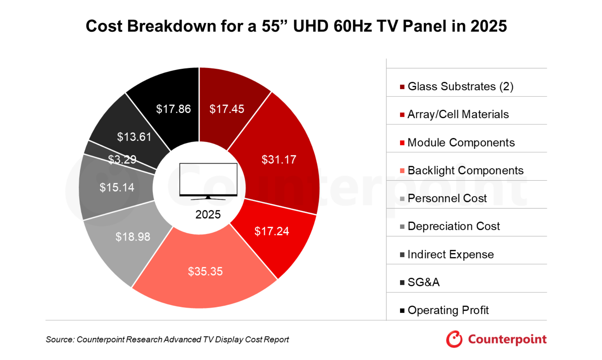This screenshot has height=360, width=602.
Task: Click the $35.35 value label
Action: pyautogui.click(x=205, y=271)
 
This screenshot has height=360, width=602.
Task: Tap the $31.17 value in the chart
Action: pyautogui.click(x=279, y=160)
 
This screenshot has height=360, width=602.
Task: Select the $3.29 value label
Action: pyautogui.click(x=122, y=159)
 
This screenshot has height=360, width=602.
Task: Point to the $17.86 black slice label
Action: pyautogui.click(x=173, y=109)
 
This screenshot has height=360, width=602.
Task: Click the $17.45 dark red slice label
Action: pyautogui.click(x=227, y=109)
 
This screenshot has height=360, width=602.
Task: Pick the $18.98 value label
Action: pyautogui.click(x=133, y=237)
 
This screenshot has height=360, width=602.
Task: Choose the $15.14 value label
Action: pyautogui.click(x=117, y=187)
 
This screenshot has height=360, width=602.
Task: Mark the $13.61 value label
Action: pyautogui.click(x=134, y=137)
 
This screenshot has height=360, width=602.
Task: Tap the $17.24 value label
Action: pyautogui.click(x=272, y=231)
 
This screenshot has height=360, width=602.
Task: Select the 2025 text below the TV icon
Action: pyautogui.click(x=208, y=215)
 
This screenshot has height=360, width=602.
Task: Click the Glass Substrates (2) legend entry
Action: pyautogui.click(x=460, y=86)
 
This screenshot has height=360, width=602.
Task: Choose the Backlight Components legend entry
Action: pyautogui.click(x=465, y=170)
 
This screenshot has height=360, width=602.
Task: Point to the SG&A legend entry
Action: pyautogui.click(x=423, y=282)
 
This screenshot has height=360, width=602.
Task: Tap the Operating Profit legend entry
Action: pyautogui.click(x=448, y=310)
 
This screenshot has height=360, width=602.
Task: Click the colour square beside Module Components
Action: pyautogui.click(x=402, y=143)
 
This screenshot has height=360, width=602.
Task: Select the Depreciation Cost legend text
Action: pyautogui.click(x=453, y=226)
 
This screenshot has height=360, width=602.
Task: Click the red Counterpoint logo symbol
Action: pyautogui.click(x=454, y=339)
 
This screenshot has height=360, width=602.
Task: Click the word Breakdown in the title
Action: pyautogui.click(x=172, y=26)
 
